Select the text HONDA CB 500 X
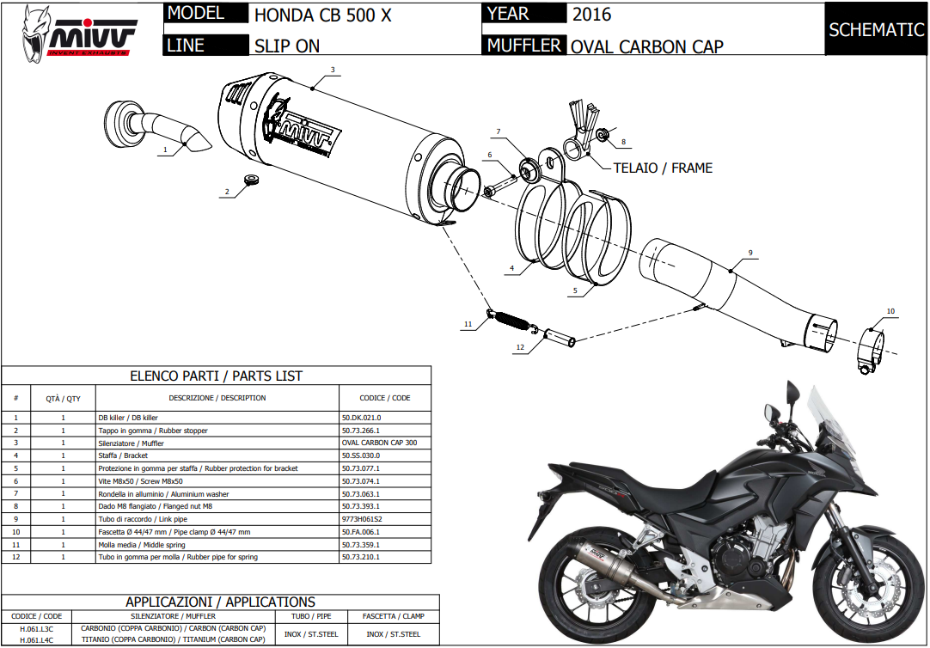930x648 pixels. tap(323, 15)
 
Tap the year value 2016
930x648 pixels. tap(592, 15)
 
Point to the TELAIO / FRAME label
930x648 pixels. tap(663, 168)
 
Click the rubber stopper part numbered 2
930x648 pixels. tap(252, 180)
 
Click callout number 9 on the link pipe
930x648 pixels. tap(750, 253)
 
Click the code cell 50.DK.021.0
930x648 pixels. tap(361, 417)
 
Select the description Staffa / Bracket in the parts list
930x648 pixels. tap(124, 455)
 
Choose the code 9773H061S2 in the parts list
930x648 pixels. tap(362, 519)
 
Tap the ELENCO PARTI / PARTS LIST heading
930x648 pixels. tap(216, 376)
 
